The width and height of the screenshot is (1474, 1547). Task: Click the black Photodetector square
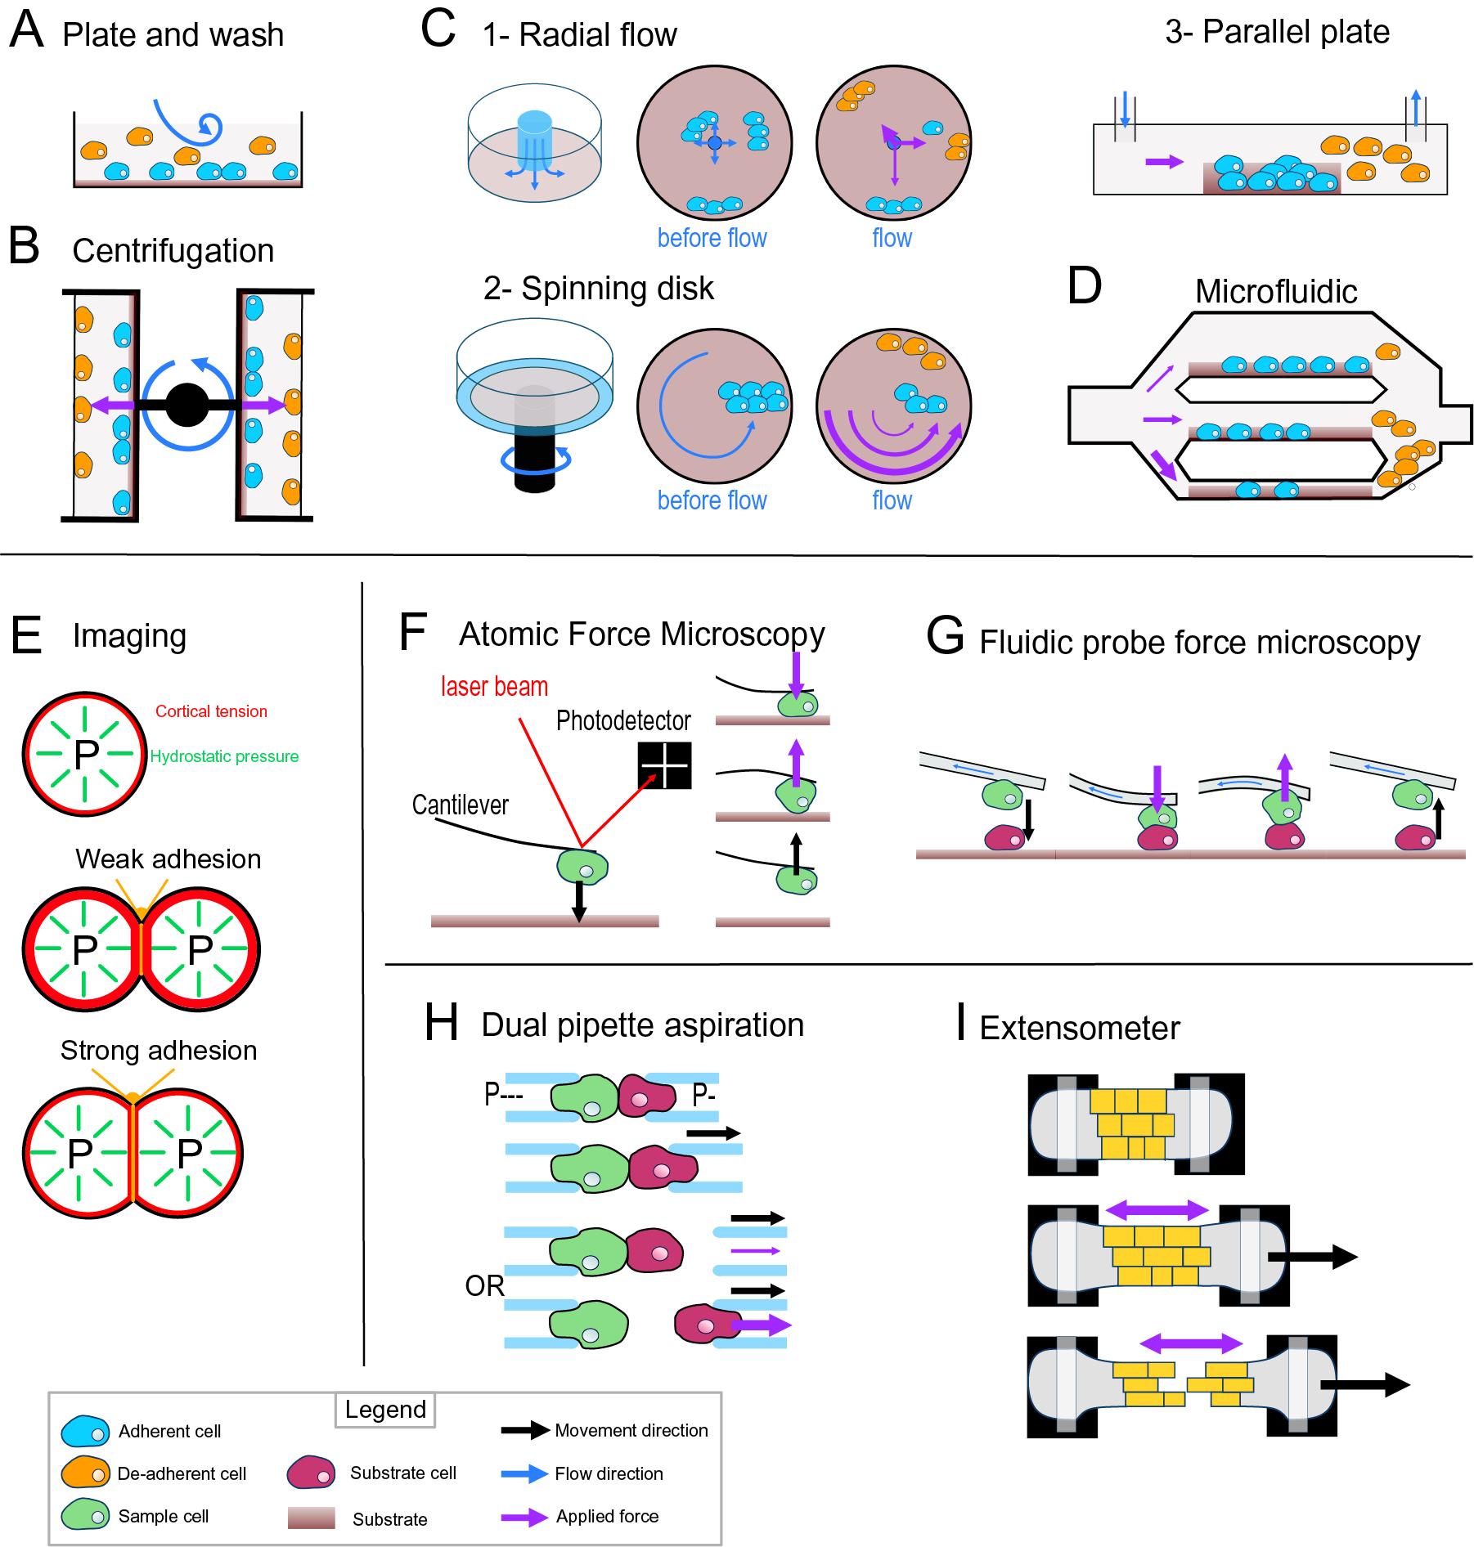pyautogui.click(x=664, y=765)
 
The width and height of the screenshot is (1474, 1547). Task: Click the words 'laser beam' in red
pyautogui.click(x=494, y=687)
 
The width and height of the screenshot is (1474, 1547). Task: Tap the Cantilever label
pyautogui.click(x=460, y=805)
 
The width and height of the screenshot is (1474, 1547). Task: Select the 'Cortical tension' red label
pyautogui.click(x=211, y=711)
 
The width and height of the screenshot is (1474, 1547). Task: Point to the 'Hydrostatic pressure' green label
pyautogui.click(x=224, y=756)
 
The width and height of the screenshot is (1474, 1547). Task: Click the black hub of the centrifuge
pyautogui.click(x=187, y=405)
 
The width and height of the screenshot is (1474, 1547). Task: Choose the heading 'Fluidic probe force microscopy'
pyautogui.click(x=1199, y=643)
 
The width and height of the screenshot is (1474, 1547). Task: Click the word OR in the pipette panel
pyautogui.click(x=484, y=1286)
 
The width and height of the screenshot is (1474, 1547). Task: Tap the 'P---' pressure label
pyautogui.click(x=503, y=1094)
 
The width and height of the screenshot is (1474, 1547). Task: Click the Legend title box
pyautogui.click(x=385, y=1410)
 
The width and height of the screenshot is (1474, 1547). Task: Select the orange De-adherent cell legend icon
pyautogui.click(x=85, y=1473)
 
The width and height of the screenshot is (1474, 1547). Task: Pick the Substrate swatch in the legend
pyautogui.click(x=311, y=1518)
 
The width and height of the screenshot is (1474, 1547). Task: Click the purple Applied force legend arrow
pyautogui.click(x=524, y=1517)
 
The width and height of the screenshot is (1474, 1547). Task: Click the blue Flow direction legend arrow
pyautogui.click(x=524, y=1473)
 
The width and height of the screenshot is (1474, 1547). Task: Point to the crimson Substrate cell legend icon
pyautogui.click(x=311, y=1473)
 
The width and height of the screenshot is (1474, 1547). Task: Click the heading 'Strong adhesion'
pyautogui.click(x=159, y=1050)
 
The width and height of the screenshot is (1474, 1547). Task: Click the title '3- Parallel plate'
pyautogui.click(x=1277, y=32)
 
